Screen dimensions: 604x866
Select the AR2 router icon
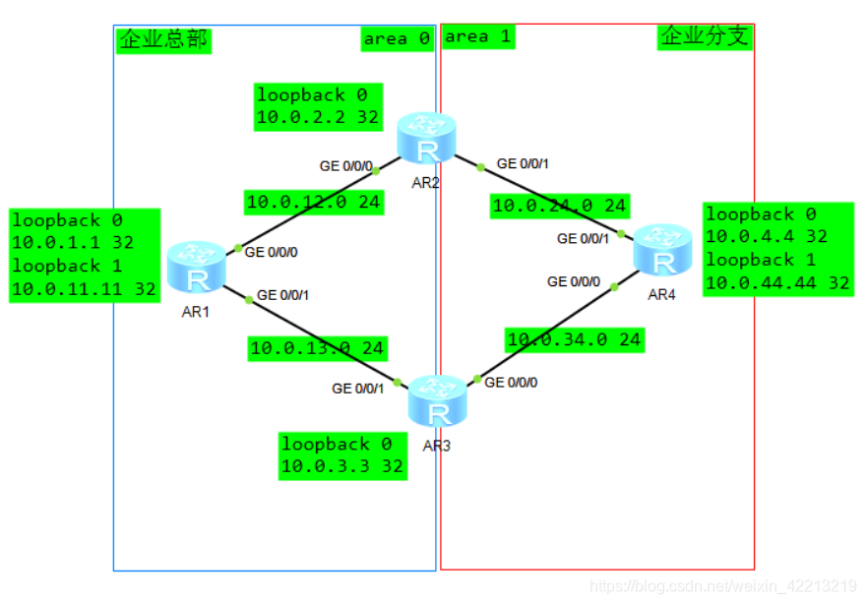pyautogui.click(x=427, y=141)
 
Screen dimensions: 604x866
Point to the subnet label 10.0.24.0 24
pyautogui.click(x=559, y=206)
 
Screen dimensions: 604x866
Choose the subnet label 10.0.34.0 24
pyautogui.click(x=574, y=340)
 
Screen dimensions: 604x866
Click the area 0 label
pyautogui.click(x=397, y=38)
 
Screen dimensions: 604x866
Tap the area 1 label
pyautogui.click(x=478, y=36)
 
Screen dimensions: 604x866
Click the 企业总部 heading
pyautogui.click(x=163, y=39)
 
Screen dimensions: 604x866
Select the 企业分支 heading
pyautogui.click(x=705, y=37)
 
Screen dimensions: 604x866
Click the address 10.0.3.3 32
pyautogui.click(x=342, y=466)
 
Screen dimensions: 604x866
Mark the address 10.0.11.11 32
pyautogui.click(x=85, y=289)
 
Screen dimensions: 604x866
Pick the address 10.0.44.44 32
pyautogui.click(x=777, y=283)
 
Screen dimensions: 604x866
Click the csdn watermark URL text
pyautogui.click(x=722, y=586)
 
